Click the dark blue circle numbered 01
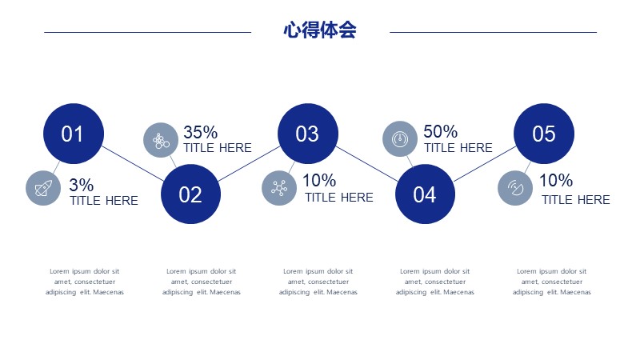coord(74,134)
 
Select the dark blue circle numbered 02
coord(190,194)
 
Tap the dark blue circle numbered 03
coord(308,134)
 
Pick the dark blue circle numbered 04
coord(425,194)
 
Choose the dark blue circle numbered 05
coord(544,134)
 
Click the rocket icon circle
coord(43,188)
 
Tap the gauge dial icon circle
coord(400,138)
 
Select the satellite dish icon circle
coord(515,188)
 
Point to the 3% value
coord(82,185)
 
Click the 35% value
coord(201,132)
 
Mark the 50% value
coord(441,131)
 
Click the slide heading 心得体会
coord(320,30)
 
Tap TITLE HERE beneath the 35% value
coord(218,148)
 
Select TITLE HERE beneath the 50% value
coord(458,148)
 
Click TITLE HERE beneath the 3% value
coord(104,201)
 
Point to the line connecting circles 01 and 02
coord(132,163)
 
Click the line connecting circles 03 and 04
coord(366,164)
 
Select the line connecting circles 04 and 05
coord(485,164)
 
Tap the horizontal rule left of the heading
coord(148,32)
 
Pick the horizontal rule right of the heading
coord(493,32)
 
